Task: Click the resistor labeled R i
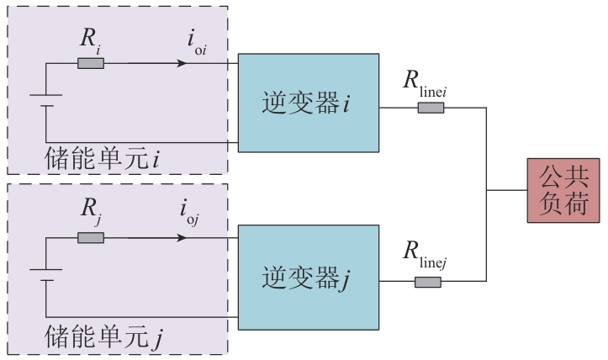(x=91, y=62)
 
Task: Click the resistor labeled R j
(x=91, y=238)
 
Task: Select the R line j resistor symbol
(x=428, y=282)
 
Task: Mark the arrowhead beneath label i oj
(x=180, y=238)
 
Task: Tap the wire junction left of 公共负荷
(x=488, y=190)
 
